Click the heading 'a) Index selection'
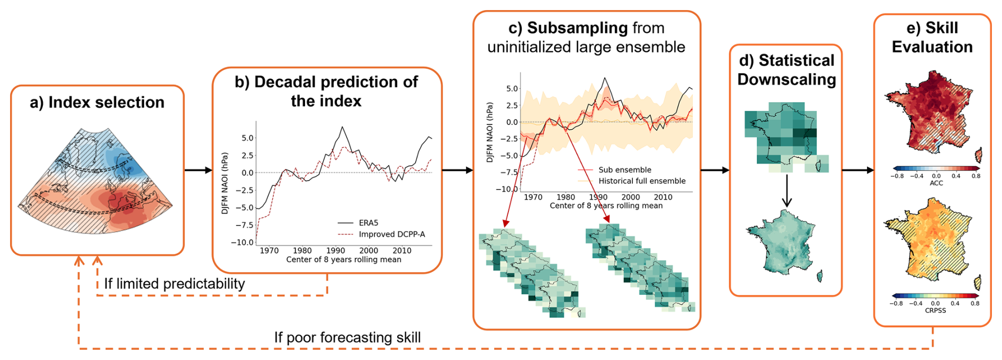click(97, 102)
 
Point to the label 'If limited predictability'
click(174, 284)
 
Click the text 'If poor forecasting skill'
click(347, 337)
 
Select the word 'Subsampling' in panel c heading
click(570, 28)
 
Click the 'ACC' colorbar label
click(936, 183)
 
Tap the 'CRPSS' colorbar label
click(935, 310)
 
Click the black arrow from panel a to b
click(199, 170)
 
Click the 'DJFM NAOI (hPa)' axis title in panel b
click(225, 183)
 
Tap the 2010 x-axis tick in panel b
click(402, 250)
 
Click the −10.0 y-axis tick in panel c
click(507, 189)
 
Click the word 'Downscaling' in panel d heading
click(787, 79)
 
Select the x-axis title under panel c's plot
click(606, 205)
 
